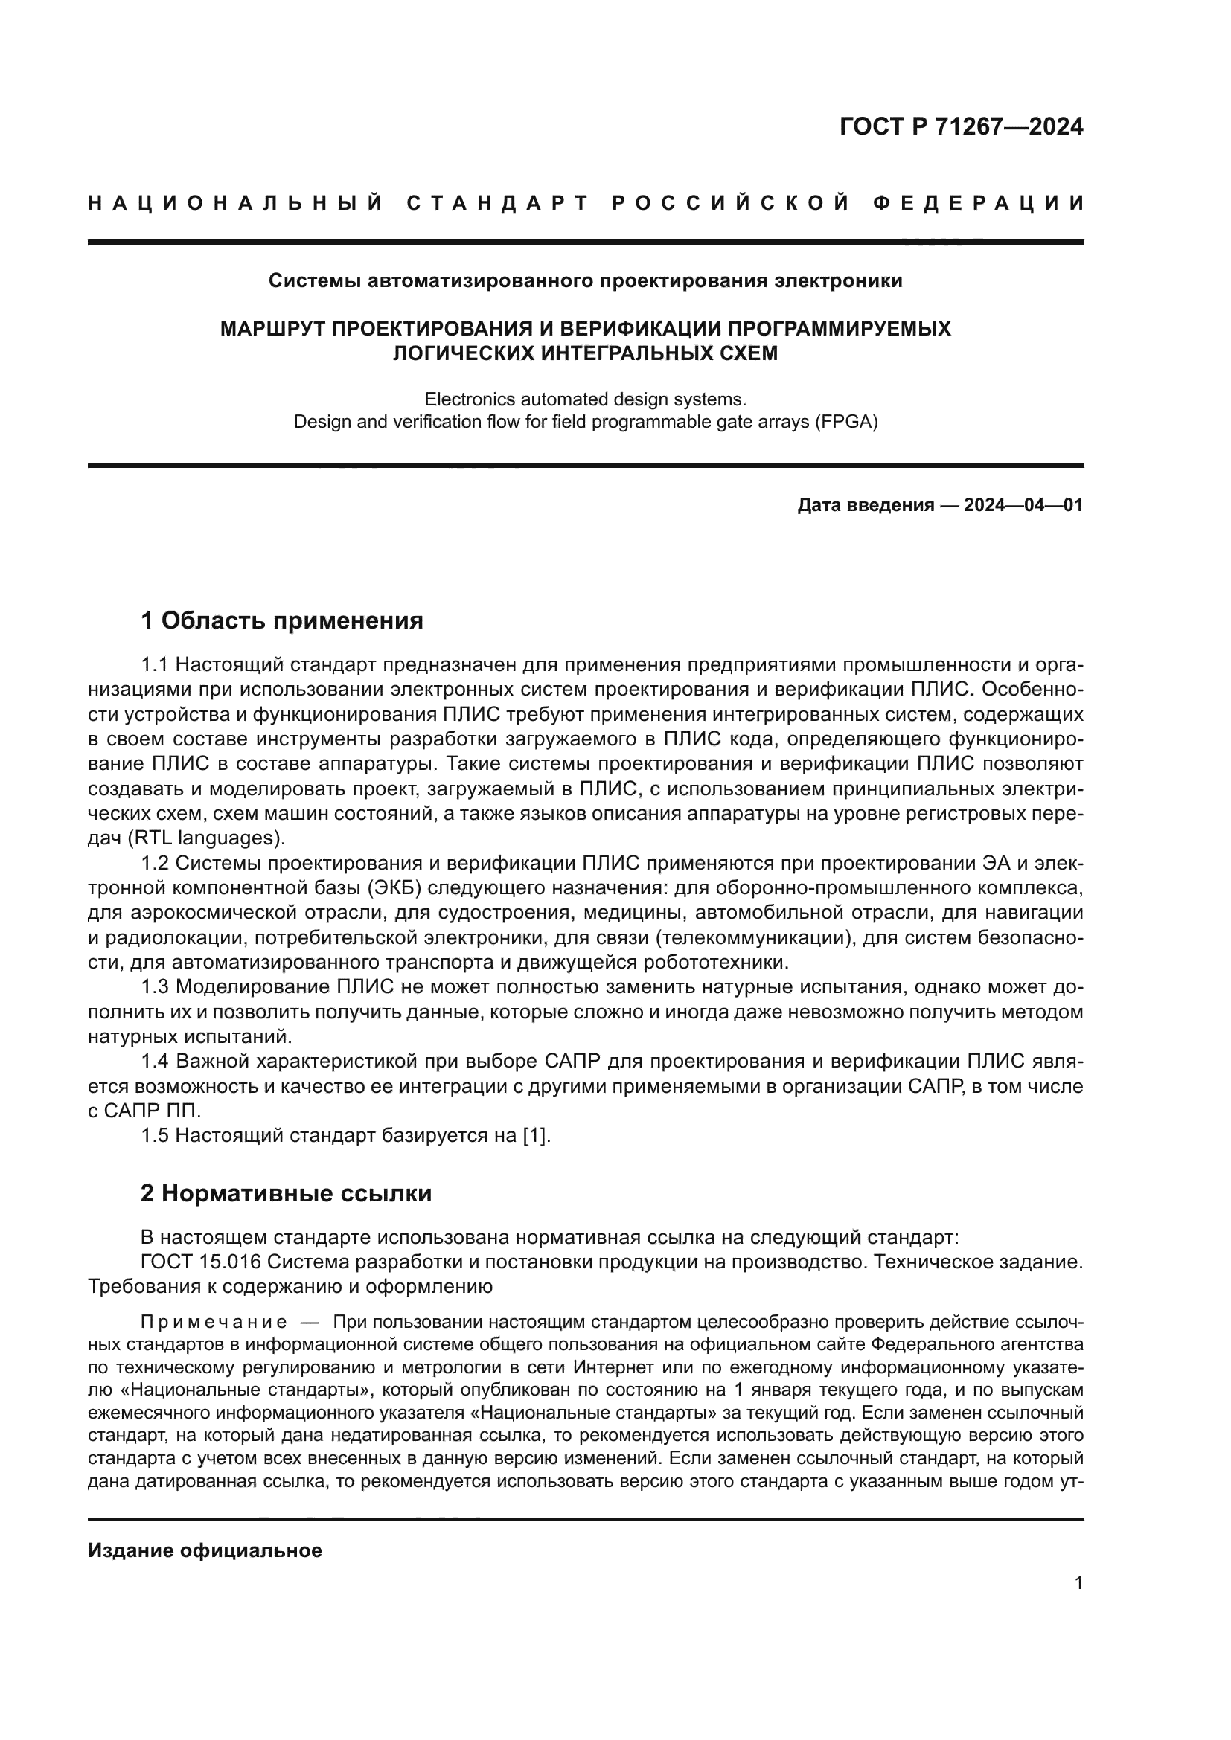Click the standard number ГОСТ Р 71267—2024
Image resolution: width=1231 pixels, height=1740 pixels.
click(961, 126)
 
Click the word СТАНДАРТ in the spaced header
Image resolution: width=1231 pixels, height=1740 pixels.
click(497, 203)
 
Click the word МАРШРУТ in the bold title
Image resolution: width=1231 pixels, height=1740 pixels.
click(272, 329)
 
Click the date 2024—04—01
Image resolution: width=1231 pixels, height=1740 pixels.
click(1023, 505)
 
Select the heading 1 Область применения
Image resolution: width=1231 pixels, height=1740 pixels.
click(281, 620)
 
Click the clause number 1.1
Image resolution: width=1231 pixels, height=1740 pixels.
click(154, 664)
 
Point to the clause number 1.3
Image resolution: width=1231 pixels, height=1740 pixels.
click(154, 986)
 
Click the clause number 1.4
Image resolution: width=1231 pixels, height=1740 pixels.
click(154, 1061)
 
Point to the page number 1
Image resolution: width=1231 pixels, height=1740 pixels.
click(1078, 1583)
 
